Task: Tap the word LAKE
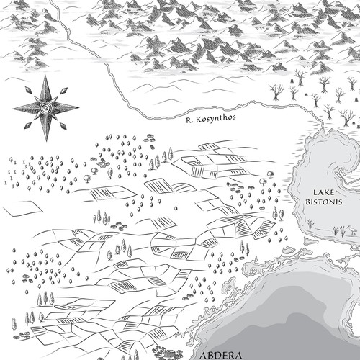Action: (x=325, y=192)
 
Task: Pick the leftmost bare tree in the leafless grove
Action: (x=274, y=90)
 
